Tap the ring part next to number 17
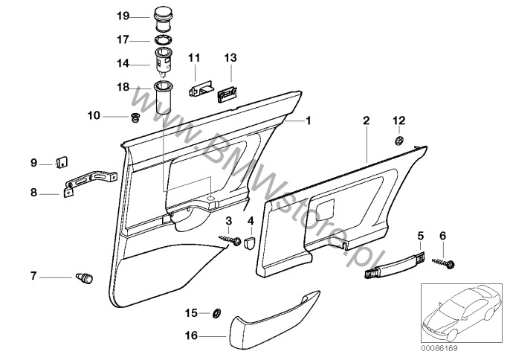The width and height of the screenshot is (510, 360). coord(163,40)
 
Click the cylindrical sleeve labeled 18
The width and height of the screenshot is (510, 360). coord(163,98)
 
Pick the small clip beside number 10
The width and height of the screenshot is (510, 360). coord(135,117)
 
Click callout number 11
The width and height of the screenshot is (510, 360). coord(194,57)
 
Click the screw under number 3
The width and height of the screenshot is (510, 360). coord(232,240)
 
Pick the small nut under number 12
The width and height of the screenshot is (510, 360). coord(398,140)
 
